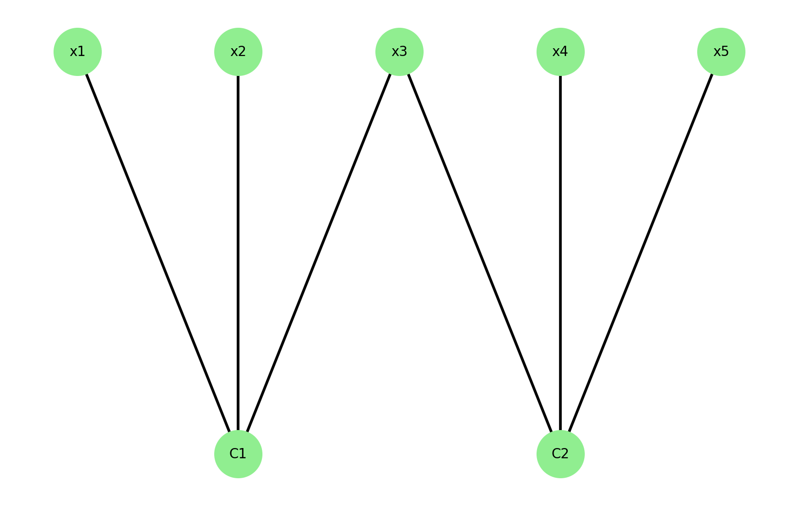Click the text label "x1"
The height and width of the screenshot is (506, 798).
77,52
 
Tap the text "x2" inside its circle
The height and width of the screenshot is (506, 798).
238,52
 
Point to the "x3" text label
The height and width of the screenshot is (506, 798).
399,52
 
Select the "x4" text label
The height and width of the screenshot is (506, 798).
560,52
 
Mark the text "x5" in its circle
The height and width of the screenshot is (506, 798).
721,52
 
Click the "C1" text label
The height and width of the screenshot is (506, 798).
238,454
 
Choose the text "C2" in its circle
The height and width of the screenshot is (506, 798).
560,454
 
